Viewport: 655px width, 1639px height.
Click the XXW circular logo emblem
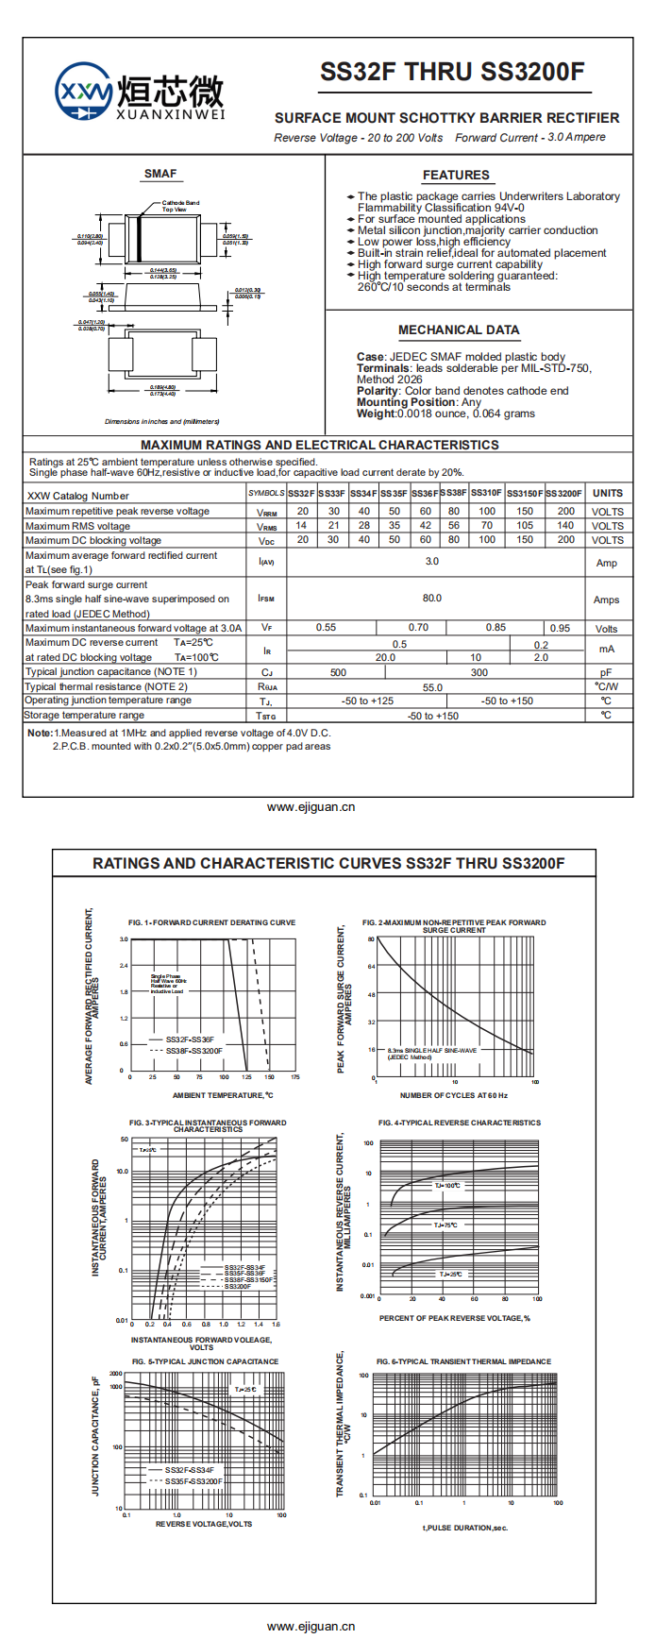84,93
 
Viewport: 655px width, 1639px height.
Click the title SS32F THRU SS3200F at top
452,73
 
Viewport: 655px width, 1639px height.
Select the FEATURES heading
456,176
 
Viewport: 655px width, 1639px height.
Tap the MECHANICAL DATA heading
459,330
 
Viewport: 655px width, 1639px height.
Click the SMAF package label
160,174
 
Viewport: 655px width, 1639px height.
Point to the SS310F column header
486,493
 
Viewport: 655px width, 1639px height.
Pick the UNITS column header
607,493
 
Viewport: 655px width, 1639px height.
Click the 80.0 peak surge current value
432,599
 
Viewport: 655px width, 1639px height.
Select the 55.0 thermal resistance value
432,687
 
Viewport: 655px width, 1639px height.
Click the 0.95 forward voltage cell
560,628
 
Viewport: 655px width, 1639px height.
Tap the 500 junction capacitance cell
338,672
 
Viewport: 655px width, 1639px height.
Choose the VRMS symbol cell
267,526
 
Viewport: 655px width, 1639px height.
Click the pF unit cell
606,672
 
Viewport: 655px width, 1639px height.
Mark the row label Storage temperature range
84,716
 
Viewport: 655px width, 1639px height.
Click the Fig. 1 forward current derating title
211,922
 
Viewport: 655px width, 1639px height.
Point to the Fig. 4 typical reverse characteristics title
460,1123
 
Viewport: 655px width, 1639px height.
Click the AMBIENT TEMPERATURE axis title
223,1095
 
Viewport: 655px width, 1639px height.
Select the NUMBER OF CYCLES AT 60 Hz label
453,1095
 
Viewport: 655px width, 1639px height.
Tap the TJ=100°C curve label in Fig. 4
447,1185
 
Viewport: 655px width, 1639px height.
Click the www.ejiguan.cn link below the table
311,807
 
